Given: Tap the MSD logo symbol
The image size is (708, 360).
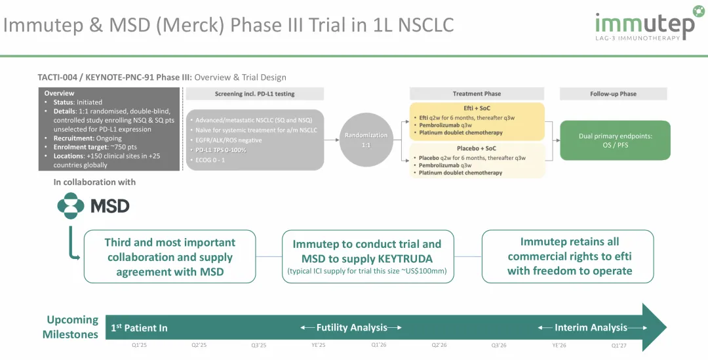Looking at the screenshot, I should pos(71,206).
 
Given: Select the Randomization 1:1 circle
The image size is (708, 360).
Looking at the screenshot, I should pos(366,140).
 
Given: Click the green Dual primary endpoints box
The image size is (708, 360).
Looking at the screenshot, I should pos(614,140).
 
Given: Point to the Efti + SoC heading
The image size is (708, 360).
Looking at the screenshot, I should pos(477,108).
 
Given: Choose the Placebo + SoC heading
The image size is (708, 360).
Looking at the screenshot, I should pos(477,148).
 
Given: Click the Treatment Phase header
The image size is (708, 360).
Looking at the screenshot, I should pos(477,94).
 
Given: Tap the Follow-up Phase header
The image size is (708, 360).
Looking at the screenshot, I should pos(613,94).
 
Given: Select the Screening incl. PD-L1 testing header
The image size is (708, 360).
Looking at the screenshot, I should pos(254,94).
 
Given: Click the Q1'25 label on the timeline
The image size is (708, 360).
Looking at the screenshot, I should pos(139,345).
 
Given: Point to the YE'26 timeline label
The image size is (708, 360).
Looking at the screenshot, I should pos(559,345).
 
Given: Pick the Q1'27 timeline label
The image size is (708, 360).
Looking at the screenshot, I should pos(619,345).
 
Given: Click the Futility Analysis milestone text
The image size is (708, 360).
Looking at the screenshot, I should pos(351,327).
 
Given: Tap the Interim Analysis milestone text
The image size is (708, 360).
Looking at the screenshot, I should pos(591,327).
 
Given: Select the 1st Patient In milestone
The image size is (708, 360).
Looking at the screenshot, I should pos(138,327).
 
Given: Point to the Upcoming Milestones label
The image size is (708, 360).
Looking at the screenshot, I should pos(71,327).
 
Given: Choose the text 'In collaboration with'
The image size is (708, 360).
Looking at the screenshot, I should pos(94,182).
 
